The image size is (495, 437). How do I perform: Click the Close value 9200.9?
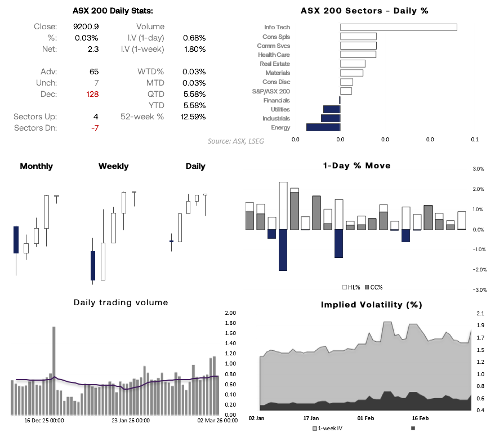pos(86,26)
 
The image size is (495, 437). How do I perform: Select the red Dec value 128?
pos(92,94)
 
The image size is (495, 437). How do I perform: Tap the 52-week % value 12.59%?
pos(194,117)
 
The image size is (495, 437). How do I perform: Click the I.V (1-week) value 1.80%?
pos(194,49)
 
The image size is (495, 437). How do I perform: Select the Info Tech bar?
pos(398,27)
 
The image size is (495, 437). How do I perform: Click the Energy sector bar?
pos(323,127)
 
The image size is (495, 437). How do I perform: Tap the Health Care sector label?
pos(274,55)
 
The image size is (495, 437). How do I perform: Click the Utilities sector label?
pos(280,109)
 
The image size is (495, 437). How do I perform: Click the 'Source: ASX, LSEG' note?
pos(235,141)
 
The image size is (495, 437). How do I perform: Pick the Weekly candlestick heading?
pos(113,166)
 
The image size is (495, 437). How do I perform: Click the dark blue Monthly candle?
pos(16,240)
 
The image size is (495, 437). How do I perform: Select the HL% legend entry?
pos(352,287)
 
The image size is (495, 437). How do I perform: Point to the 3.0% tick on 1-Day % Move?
pos(478,169)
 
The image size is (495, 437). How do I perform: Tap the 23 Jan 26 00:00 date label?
pos(130,420)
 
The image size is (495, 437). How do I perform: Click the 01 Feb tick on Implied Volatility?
pos(366,418)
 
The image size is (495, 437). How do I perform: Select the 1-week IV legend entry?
pos(330,429)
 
